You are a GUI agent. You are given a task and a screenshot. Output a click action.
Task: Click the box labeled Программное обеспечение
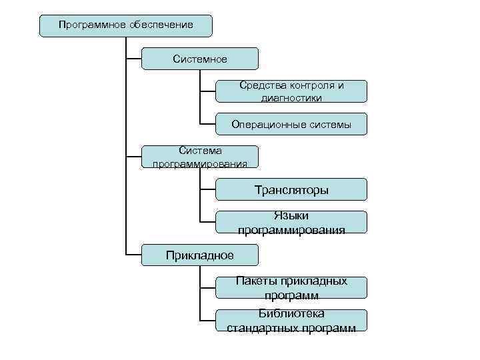pos(126,25)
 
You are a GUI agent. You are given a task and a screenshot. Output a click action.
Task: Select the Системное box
pos(200,59)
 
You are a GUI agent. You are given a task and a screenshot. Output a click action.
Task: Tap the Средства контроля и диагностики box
pos(291,91)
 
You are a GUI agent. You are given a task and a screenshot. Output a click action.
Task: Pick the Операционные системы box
pos(291,124)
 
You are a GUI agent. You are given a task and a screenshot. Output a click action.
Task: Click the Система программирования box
pos(200,157)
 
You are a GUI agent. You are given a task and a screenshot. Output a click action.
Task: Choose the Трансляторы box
pos(291,189)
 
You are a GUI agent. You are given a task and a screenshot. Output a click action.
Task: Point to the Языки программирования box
pos(291,222)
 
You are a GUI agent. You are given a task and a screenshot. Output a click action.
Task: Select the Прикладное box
pos(200,255)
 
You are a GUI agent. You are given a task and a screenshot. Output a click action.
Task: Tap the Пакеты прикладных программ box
pos(291,287)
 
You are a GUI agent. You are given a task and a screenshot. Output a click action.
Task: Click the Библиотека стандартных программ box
pos(291,320)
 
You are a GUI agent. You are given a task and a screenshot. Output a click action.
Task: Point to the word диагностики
pos(291,98)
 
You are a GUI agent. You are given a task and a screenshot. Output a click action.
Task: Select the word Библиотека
pos(291,313)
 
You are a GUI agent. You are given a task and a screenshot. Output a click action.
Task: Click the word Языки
pos(291,215)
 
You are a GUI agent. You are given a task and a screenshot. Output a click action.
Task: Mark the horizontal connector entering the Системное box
pos(134,59)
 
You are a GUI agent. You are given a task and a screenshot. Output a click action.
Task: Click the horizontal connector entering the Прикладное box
pos(134,255)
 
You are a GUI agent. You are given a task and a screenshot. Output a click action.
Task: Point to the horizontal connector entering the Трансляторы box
pos(208,189)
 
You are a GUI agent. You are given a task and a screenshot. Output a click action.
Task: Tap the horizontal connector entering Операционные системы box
pos(208,124)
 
